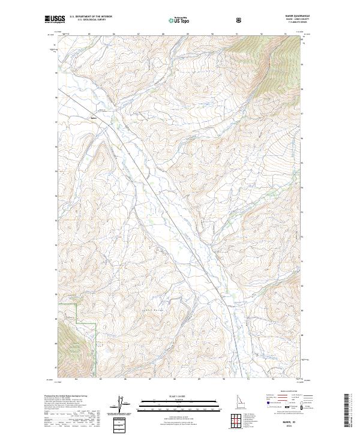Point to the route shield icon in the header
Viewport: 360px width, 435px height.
coord(240,20)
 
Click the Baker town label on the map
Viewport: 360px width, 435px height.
coord(93,118)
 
